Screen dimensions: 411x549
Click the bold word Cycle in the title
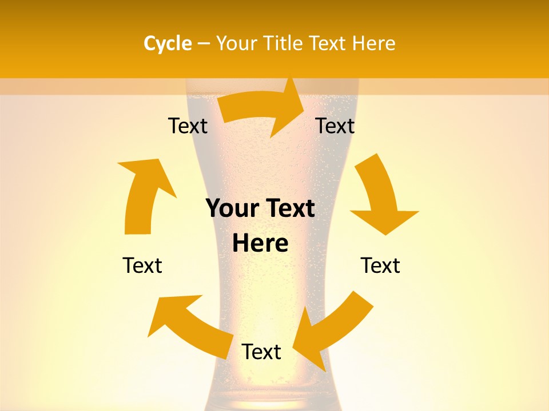[168, 43]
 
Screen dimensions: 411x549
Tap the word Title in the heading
[285, 43]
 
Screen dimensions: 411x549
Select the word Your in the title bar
[236, 43]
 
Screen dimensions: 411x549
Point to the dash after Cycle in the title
[204, 44]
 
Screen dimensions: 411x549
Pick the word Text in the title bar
[330, 43]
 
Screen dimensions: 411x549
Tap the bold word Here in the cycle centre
[260, 244]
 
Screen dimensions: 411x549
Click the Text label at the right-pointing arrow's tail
[188, 126]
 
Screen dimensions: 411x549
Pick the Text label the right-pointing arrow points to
[335, 126]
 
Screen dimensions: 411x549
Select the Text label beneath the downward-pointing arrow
[380, 266]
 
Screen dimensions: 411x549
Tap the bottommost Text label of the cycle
[261, 352]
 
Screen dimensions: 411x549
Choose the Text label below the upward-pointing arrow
[142, 266]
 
